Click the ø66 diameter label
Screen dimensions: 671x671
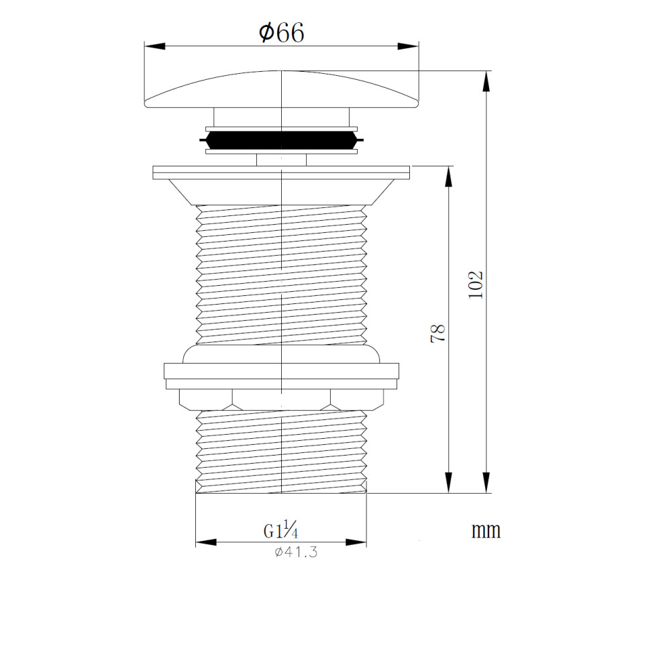281,32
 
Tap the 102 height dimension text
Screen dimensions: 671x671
476,285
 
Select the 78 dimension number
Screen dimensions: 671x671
438,333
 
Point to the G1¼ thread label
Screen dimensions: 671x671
280,531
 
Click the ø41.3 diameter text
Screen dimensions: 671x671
296,552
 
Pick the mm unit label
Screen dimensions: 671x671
486,531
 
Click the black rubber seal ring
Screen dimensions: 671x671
281,140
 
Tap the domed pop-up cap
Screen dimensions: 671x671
281,89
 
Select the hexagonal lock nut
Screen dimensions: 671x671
281,399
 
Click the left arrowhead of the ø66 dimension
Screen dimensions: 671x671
155,46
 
